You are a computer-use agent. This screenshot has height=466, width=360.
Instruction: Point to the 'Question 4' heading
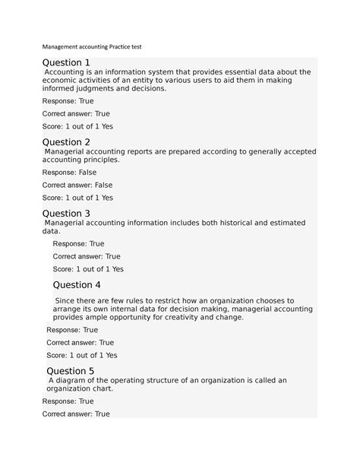click(x=77, y=285)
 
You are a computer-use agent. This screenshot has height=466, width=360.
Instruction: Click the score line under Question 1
click(x=77, y=126)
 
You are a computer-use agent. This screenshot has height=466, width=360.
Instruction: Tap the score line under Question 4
click(x=82, y=355)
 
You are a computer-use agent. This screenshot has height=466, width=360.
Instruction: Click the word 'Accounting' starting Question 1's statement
click(x=71, y=72)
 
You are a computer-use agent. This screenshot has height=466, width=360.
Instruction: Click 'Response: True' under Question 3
click(x=78, y=244)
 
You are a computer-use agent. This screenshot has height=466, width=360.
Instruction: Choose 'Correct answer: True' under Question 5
click(x=76, y=414)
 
